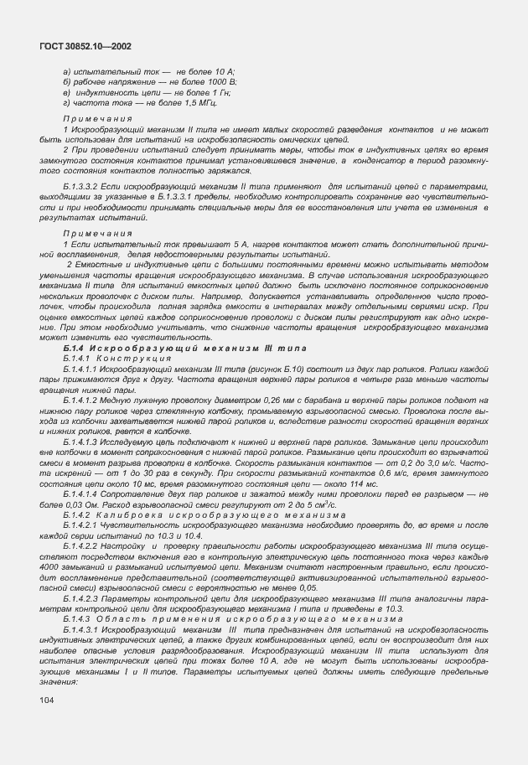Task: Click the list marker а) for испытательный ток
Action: tap(67, 74)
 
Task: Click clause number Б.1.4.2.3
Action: tap(84, 573)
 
